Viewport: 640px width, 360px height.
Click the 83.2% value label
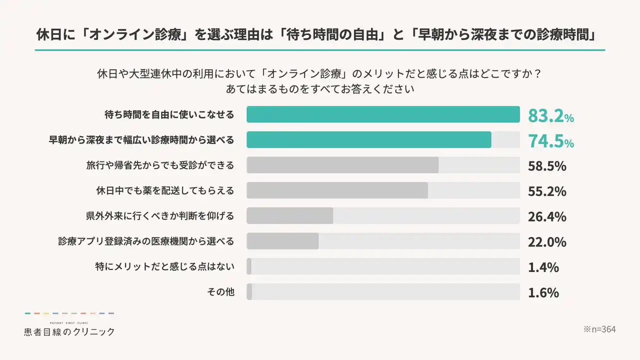tap(550, 115)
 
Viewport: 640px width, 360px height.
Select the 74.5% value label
tap(550, 141)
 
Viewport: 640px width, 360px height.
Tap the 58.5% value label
tap(547, 165)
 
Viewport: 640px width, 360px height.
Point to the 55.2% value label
tap(547, 191)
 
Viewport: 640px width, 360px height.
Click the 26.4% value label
tap(547, 216)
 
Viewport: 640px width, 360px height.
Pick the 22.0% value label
tap(547, 242)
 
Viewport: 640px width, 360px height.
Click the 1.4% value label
tap(543, 267)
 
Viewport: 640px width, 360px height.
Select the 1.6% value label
tap(543, 292)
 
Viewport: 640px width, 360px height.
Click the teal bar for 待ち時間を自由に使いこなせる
tap(383, 114)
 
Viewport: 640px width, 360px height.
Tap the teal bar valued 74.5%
tap(368, 139)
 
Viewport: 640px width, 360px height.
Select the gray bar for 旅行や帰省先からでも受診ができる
tap(342, 165)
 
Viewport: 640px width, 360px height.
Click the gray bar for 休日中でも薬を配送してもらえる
tap(337, 190)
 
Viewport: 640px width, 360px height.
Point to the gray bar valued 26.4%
tap(290, 215)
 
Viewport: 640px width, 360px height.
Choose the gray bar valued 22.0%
tap(282, 241)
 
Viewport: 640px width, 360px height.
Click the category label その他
tap(220, 292)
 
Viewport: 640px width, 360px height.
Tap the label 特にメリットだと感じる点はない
tap(164, 266)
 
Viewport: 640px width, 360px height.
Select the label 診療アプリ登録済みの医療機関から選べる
tap(146, 241)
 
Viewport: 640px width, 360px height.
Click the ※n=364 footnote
tap(599, 329)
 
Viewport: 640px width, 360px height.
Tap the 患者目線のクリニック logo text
tap(69, 331)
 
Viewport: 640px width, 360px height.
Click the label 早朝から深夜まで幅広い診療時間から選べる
tap(141, 140)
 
